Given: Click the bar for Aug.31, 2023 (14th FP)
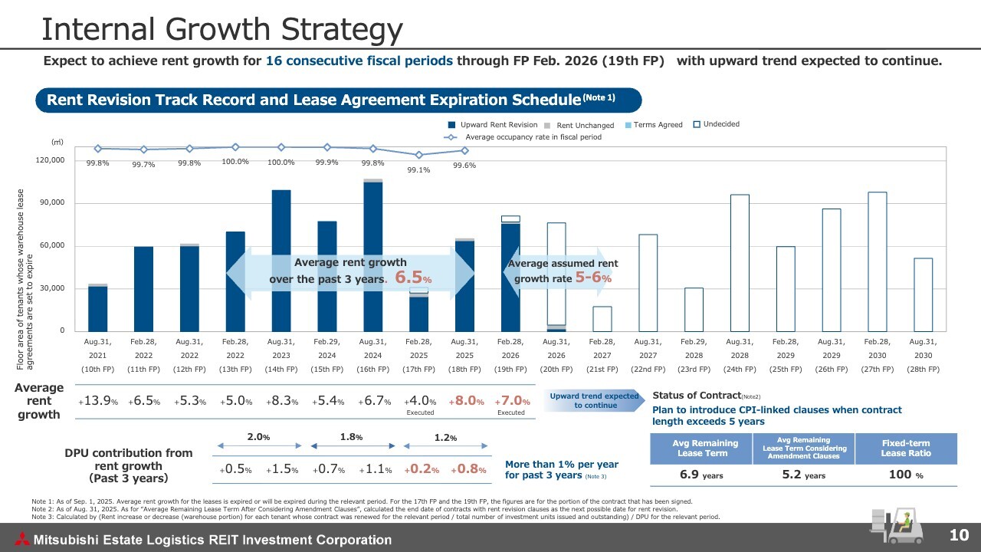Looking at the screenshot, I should [281, 261].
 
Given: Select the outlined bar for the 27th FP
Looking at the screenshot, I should [877, 261].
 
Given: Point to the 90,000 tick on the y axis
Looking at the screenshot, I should [53, 202].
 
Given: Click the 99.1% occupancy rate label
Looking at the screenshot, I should [418, 170].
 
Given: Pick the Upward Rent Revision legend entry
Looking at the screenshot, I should [494, 125].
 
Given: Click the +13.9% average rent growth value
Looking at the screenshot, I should [97, 401].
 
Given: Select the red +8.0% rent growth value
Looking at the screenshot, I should [465, 401].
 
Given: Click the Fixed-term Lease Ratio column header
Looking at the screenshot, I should [906, 449].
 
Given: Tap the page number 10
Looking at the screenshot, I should [960, 535].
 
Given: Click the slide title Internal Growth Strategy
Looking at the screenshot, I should [222, 29].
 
